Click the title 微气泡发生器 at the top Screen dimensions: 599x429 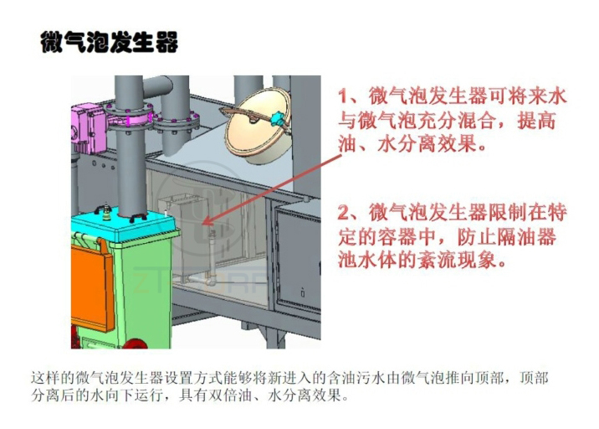(110, 42)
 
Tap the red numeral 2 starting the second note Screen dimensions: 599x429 (343, 213)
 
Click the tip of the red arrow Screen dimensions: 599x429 (202, 225)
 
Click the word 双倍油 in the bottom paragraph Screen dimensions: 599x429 (229, 395)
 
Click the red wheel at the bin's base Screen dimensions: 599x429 (136, 343)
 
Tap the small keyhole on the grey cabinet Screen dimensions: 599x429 (303, 293)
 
